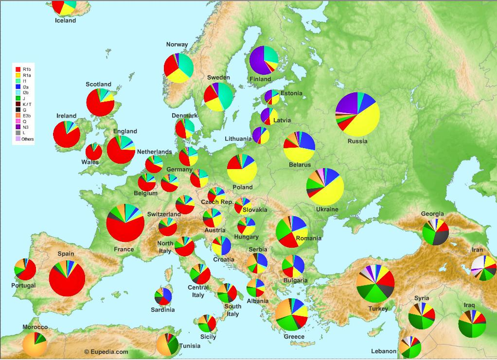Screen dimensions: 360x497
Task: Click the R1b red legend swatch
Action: pos(18,69)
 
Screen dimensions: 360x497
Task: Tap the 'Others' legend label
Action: pos(28,139)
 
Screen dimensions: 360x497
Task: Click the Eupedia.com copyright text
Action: pos(106,352)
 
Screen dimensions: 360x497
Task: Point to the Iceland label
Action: pos(65,21)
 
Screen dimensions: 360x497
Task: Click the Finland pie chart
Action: pos(264,60)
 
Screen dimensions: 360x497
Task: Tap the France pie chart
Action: pos(125,223)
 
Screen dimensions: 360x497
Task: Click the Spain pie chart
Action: pos(67,278)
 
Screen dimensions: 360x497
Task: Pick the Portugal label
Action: pos(23,285)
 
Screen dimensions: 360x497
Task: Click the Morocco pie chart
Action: pos(35,343)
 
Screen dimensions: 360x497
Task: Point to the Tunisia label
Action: pos(189,346)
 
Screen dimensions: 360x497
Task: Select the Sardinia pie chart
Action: pos(163,296)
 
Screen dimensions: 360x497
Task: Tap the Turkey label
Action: pos(378,309)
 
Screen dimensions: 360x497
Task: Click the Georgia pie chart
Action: pos(435,232)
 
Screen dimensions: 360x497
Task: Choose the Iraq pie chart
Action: pos(472,324)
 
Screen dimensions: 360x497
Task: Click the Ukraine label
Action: pos(327,209)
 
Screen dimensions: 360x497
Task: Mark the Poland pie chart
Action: pos(242,169)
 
